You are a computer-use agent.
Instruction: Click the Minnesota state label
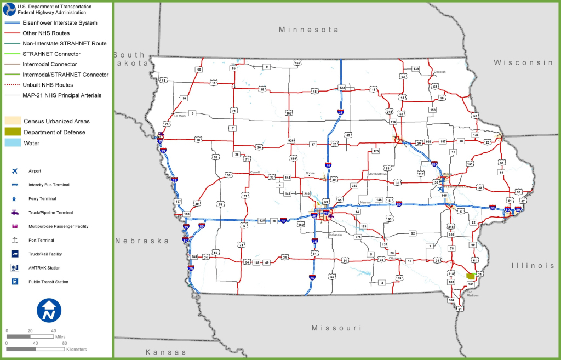(x=308, y=30)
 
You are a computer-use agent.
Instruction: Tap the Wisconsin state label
(x=523, y=62)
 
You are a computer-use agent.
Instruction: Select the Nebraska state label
(x=141, y=241)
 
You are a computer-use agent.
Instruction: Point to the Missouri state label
(x=336, y=328)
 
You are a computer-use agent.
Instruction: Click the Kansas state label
(x=165, y=352)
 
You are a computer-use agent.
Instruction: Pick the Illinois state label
(x=533, y=265)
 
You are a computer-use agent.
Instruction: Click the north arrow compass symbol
(x=48, y=310)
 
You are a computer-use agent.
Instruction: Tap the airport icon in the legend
(x=14, y=171)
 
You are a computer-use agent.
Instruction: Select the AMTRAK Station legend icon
(x=14, y=268)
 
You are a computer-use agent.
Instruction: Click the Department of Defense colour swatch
(x=14, y=132)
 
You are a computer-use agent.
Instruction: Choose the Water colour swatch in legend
(x=14, y=143)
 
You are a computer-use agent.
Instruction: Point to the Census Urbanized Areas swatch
(x=14, y=121)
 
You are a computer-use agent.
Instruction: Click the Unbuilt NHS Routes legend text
(x=48, y=85)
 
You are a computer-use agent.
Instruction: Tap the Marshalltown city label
(x=377, y=174)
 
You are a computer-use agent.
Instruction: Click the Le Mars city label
(x=180, y=116)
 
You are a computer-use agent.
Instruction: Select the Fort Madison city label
(x=473, y=294)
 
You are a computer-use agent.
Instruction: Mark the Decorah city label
(x=440, y=72)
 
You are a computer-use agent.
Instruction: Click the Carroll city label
(x=255, y=172)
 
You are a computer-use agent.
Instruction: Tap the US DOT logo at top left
(x=9, y=9)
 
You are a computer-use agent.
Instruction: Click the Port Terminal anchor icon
(x=14, y=240)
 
